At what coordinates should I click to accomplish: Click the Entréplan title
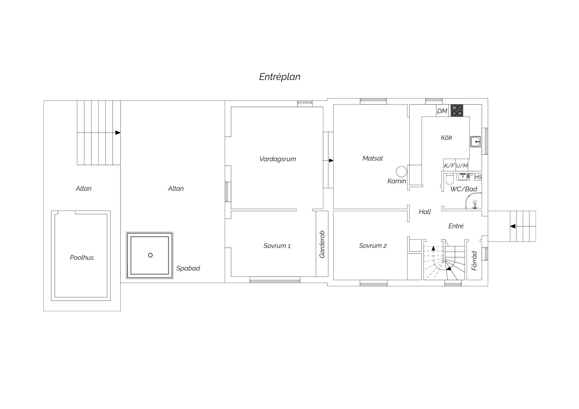tap(280, 77)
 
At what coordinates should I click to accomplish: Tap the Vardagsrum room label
tap(278, 159)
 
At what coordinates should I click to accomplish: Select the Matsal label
tap(373, 158)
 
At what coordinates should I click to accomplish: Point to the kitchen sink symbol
tap(475, 142)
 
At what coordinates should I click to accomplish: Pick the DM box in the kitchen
tap(442, 111)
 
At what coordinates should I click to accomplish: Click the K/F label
tap(449, 166)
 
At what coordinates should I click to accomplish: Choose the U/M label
tap(462, 166)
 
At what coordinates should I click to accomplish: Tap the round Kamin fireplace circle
tap(402, 172)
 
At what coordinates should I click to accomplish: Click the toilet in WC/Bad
tap(449, 179)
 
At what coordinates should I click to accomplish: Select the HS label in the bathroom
tap(478, 177)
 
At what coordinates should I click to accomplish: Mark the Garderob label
tap(322, 244)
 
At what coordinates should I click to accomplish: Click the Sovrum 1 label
tap(277, 246)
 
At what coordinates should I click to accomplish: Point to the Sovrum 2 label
tap(373, 246)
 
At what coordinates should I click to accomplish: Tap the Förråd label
tap(474, 261)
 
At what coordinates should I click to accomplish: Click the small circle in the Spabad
tap(150, 255)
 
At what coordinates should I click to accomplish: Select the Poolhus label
tap(82, 258)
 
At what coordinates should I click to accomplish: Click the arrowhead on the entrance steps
tap(513, 226)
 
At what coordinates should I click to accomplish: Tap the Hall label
tap(425, 212)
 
